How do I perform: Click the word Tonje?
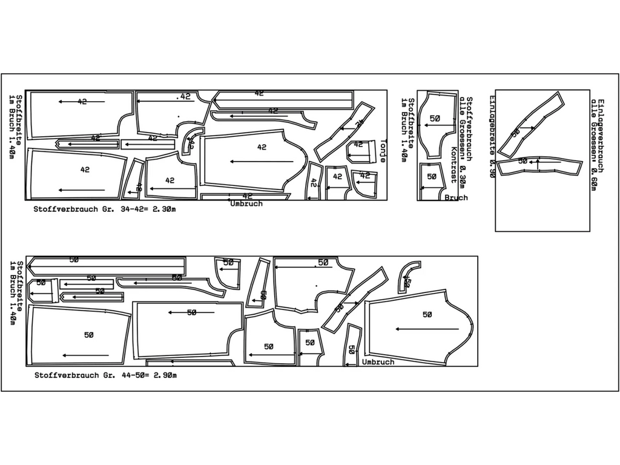[x=383, y=151]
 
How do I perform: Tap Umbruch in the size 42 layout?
[x=246, y=204]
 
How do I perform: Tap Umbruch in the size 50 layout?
[x=378, y=362]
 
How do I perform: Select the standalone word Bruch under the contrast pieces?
[x=456, y=198]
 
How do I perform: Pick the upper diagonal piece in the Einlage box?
[x=530, y=124]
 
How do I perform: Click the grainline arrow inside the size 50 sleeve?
[x=427, y=329]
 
